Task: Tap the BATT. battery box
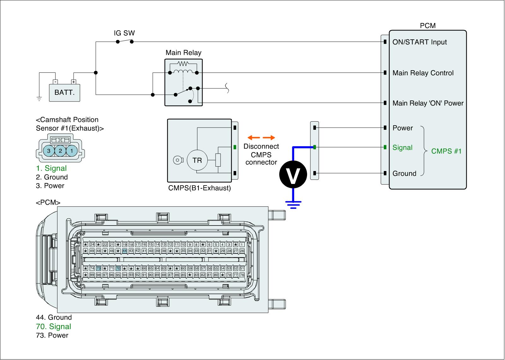(x=64, y=93)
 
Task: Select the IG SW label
(x=124, y=33)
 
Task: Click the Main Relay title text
(x=183, y=53)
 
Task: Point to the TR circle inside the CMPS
(x=197, y=160)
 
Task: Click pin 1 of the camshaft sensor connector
(x=72, y=151)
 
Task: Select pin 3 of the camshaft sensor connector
(x=49, y=151)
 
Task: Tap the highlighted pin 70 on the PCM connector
(x=118, y=269)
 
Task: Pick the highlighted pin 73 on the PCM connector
(x=98, y=269)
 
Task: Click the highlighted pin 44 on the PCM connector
(x=125, y=251)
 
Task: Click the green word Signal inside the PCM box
(x=402, y=148)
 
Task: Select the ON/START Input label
(x=419, y=42)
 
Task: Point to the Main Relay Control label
(x=423, y=73)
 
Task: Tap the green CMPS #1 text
(x=446, y=151)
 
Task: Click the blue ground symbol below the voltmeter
(x=293, y=205)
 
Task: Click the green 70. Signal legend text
(x=54, y=327)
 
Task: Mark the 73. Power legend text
(x=52, y=335)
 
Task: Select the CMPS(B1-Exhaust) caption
(x=199, y=188)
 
